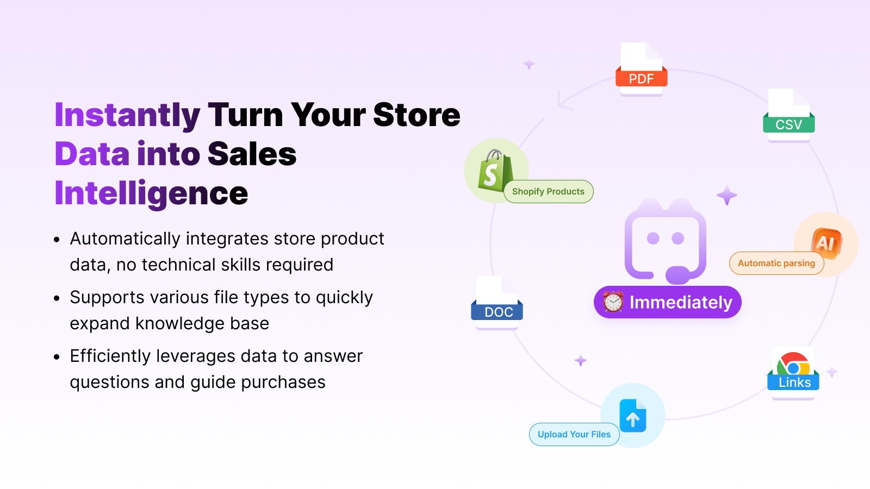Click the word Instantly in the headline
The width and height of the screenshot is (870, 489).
(x=127, y=115)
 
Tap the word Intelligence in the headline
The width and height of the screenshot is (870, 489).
(x=151, y=193)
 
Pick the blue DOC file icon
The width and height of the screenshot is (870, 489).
(x=497, y=302)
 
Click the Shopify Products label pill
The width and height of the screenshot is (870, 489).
(x=548, y=192)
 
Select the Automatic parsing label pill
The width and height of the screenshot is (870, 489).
(x=776, y=264)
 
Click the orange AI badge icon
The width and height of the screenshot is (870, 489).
(x=826, y=242)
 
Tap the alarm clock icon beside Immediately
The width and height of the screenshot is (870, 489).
(x=613, y=302)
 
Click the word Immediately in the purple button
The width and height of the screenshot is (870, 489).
(x=681, y=302)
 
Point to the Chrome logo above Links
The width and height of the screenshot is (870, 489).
(x=793, y=364)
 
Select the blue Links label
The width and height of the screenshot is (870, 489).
(x=794, y=383)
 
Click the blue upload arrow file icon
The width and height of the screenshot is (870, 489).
(x=633, y=416)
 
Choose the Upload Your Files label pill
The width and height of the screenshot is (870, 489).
(x=574, y=435)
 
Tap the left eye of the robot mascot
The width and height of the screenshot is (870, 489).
(x=653, y=239)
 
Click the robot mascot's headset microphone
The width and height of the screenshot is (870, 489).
(x=678, y=273)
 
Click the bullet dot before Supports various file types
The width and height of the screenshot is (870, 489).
(x=57, y=298)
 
